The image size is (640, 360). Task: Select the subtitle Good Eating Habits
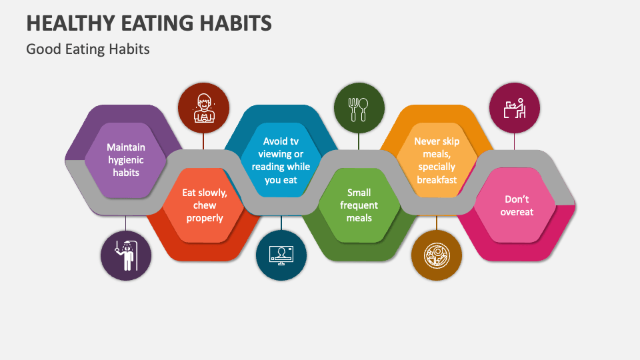click(x=88, y=49)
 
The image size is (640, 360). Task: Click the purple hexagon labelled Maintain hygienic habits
click(x=125, y=159)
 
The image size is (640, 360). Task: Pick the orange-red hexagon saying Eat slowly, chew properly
click(x=204, y=205)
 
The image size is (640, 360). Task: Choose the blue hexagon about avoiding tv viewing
click(x=280, y=160)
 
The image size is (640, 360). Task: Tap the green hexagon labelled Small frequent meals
click(x=359, y=205)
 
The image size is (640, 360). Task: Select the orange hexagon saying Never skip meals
click(x=437, y=160)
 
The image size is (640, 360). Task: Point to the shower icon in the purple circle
click(x=126, y=254)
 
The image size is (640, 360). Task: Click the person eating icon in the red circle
click(x=203, y=109)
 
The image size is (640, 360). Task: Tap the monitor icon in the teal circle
click(x=281, y=255)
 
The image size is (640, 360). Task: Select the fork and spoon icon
click(x=359, y=109)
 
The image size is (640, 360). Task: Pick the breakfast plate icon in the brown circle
click(x=437, y=255)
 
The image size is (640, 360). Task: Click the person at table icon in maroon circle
click(x=514, y=108)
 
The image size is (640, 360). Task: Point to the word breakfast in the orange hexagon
click(x=437, y=179)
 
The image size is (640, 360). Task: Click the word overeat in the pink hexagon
click(x=518, y=212)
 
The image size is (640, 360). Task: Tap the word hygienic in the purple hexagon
click(x=125, y=159)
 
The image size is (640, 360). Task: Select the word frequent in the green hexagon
click(x=359, y=205)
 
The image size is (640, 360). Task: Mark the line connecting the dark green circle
click(x=359, y=141)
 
